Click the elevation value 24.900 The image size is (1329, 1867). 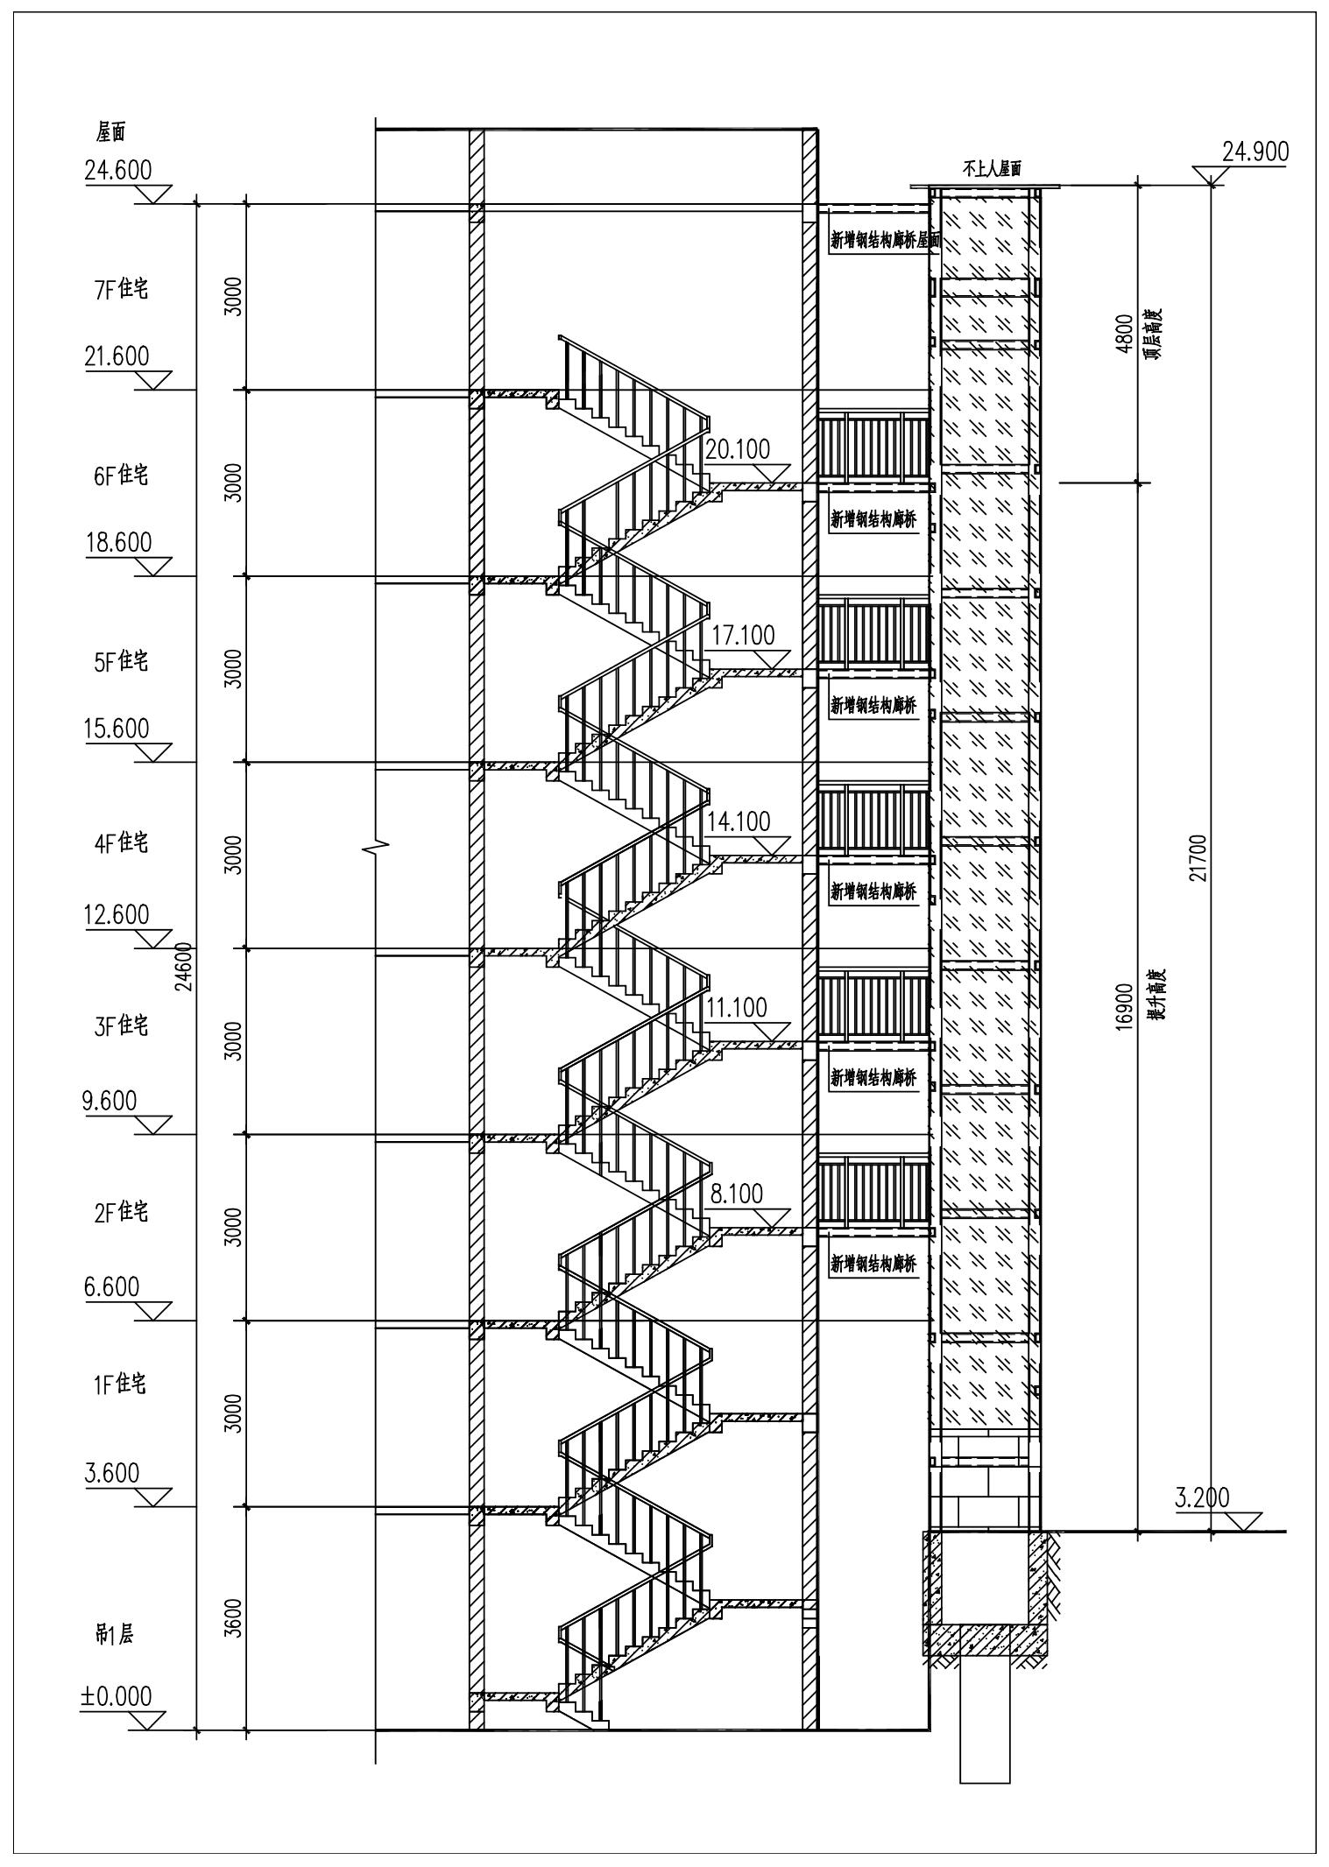click(x=1255, y=152)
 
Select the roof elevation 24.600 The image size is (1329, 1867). click(x=118, y=170)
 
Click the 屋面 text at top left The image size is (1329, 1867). click(x=111, y=132)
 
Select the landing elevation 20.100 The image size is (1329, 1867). click(x=738, y=450)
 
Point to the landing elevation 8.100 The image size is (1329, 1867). click(x=737, y=1194)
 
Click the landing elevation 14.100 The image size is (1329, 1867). click(x=739, y=821)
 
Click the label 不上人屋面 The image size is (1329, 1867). click(x=993, y=169)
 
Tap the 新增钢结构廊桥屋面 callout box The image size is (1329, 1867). click(x=883, y=241)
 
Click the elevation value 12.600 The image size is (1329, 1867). click(x=117, y=914)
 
